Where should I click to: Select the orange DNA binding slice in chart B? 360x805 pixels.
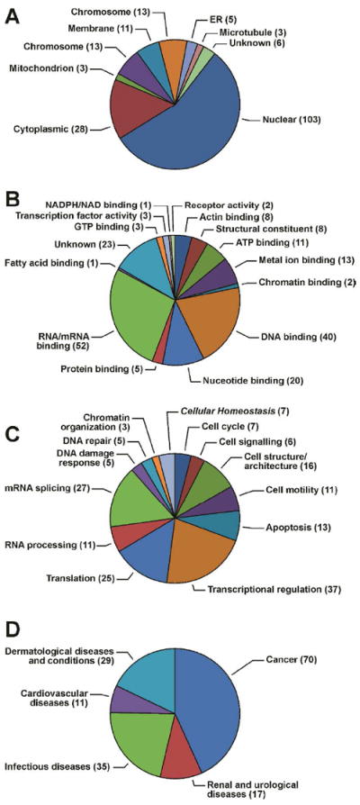(x=211, y=320)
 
